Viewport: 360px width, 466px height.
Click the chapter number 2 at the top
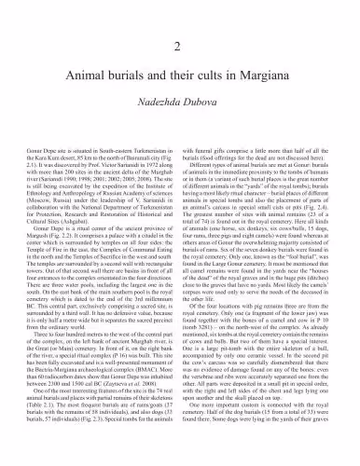180,47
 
